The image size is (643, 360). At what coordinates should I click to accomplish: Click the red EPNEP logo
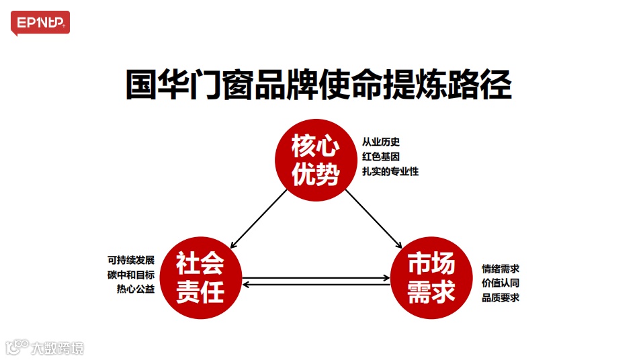[x=40, y=24]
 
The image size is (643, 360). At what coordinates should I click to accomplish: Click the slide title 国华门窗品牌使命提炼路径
[x=318, y=85]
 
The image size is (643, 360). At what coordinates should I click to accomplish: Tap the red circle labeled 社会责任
[x=200, y=279]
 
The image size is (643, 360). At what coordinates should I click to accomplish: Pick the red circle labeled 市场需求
[x=431, y=279]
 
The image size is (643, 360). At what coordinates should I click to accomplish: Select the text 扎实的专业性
[x=390, y=172]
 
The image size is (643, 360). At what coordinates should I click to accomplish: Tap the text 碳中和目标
[x=131, y=275]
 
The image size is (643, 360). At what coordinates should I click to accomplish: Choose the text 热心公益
[x=136, y=289]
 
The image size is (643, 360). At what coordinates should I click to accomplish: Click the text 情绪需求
[x=501, y=269]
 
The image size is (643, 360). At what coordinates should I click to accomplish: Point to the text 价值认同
[x=501, y=283]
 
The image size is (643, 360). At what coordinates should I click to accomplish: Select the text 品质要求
[x=501, y=298]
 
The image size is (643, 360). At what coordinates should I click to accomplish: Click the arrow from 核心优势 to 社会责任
[x=259, y=217]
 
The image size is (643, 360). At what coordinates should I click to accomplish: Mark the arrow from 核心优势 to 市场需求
[x=373, y=217]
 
